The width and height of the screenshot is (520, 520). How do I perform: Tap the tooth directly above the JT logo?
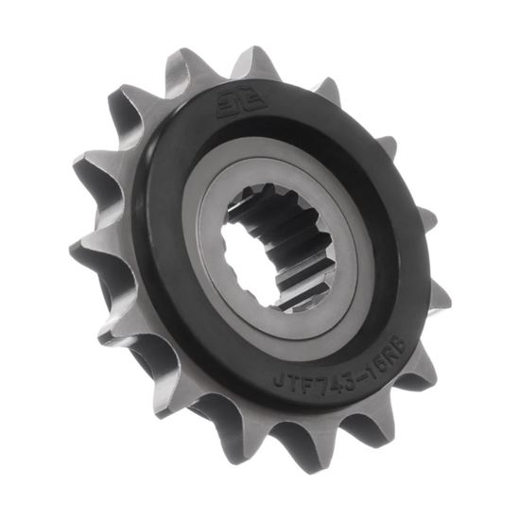click(248, 59)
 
